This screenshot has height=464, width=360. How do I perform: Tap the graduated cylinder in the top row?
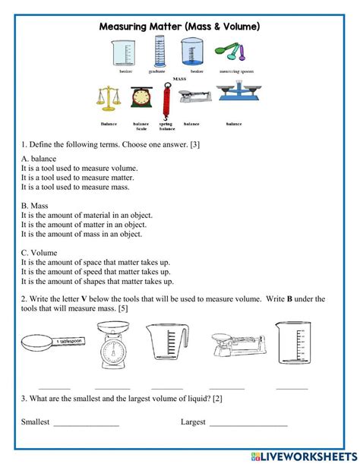coord(159,52)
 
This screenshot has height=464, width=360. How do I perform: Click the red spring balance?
coord(162,99)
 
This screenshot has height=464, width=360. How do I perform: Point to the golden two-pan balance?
coord(109,99)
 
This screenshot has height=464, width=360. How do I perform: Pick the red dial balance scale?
coord(141,99)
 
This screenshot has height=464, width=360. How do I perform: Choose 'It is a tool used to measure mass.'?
coord(74,187)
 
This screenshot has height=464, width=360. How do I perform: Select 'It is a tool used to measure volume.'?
coord(79,169)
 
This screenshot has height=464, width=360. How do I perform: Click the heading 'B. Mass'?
coord(35,206)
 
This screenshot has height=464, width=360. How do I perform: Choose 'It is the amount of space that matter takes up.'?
coord(96,263)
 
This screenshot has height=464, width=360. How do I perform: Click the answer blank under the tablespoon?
coord(54,387)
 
